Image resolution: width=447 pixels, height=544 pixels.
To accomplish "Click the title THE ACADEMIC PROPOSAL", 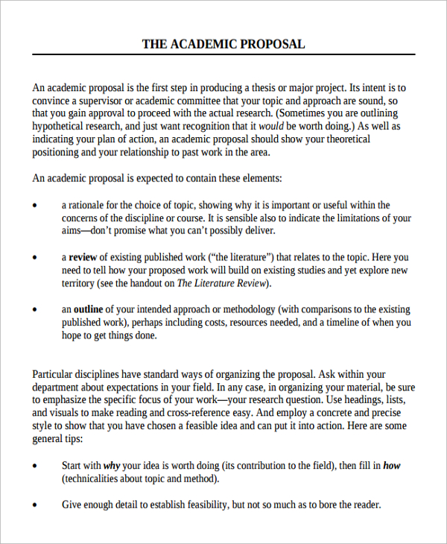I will pyautogui.click(x=223, y=44).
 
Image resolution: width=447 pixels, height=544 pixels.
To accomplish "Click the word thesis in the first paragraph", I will pyautogui.click(x=301, y=87).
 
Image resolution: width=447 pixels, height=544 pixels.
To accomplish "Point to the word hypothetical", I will pyautogui.click(x=59, y=127).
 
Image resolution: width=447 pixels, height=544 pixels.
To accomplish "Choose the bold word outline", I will pyautogui.click(x=89, y=309).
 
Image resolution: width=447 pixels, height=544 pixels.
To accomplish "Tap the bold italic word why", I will pyautogui.click(x=112, y=466).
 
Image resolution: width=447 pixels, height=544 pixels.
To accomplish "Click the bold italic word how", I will pyautogui.click(x=391, y=466).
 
